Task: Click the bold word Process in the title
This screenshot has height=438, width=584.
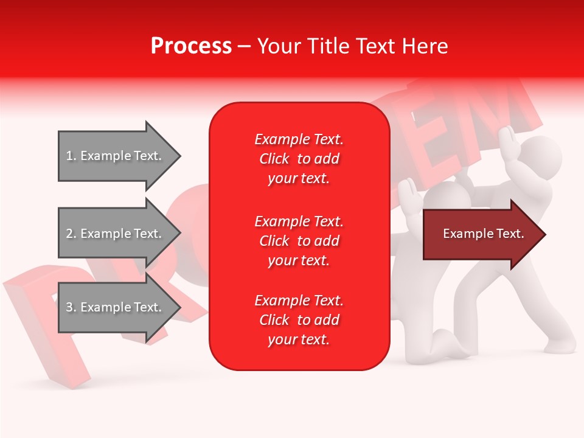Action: coord(191,46)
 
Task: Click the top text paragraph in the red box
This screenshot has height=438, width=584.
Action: coord(299,159)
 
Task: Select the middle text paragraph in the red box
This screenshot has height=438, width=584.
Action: coord(299,241)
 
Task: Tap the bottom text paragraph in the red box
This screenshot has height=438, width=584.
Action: coord(299,320)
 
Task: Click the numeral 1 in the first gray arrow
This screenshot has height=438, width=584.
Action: coord(69,156)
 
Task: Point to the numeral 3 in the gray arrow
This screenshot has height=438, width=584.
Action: coord(69,307)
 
